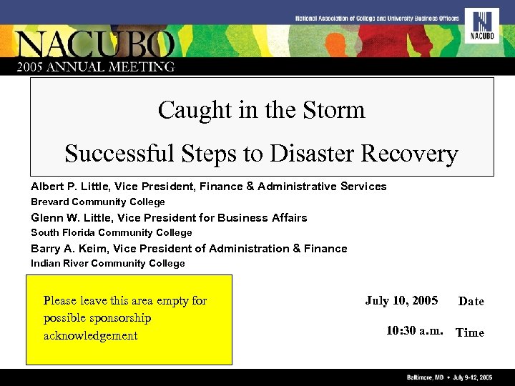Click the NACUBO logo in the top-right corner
[x=481, y=26]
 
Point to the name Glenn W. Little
[x=71, y=218]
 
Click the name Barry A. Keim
[x=67, y=249]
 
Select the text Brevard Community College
[x=97, y=202]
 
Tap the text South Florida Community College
[x=111, y=233]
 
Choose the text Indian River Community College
[x=107, y=264]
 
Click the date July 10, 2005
[x=401, y=300]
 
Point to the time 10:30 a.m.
[x=415, y=331]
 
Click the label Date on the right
[x=471, y=302]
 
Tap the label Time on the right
[x=470, y=332]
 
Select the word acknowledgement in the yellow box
[x=90, y=336]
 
